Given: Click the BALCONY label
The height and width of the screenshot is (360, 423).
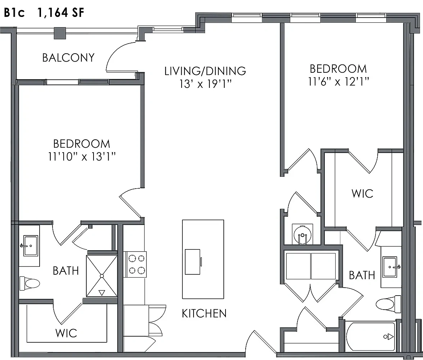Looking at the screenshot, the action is click(68, 58).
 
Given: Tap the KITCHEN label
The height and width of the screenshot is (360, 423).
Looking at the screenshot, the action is click(204, 313).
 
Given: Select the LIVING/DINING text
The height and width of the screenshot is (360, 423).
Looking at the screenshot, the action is click(205, 71).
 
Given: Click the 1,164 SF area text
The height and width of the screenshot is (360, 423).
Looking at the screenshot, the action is click(61, 13).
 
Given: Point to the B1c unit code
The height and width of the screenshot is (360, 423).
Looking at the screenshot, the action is click(14, 13).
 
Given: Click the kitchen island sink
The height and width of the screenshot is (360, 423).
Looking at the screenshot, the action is click(193, 262).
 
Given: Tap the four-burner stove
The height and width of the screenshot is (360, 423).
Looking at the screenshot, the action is click(135, 264).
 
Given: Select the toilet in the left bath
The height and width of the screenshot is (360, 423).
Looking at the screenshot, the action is click(29, 284).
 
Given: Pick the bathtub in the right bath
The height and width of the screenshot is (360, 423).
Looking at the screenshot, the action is click(370, 337).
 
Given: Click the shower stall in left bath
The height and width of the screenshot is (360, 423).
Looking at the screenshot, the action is click(102, 276).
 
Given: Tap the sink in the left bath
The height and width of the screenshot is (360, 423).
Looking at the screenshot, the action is click(30, 246).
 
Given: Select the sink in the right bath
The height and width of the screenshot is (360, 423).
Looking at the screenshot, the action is click(390, 267).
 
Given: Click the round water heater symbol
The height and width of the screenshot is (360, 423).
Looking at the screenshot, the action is click(303, 234).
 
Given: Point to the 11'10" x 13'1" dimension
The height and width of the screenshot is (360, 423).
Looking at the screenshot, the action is click(82, 157).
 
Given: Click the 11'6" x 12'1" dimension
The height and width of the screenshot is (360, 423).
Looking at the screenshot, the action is click(338, 81).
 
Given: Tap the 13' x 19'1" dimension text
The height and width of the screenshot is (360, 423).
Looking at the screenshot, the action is click(205, 84).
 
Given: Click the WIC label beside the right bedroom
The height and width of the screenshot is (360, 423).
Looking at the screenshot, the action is click(362, 193).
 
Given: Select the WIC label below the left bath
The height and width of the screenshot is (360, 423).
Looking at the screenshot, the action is click(66, 333).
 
